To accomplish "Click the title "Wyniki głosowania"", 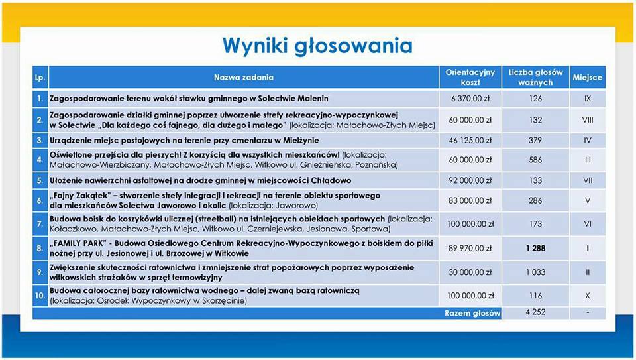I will point(317,45).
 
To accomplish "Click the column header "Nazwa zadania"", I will point(243,78).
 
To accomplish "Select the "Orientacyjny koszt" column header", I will point(470,78).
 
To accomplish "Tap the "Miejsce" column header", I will point(587,78).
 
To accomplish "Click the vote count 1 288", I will point(535,249).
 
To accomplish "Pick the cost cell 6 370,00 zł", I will point(470,99).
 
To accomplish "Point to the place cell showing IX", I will point(587,99).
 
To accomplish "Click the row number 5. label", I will point(40,180).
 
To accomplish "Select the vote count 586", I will point(535,160).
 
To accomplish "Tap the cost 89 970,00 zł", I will point(470,249).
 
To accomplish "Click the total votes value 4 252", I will point(535,312).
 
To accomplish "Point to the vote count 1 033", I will point(535,272).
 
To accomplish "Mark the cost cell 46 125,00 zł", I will point(470,141).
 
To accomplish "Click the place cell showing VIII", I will point(587,120).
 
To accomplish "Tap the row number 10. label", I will point(40,295).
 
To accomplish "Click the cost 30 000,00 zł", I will point(470,272).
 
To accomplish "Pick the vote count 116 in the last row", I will point(535,295).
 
